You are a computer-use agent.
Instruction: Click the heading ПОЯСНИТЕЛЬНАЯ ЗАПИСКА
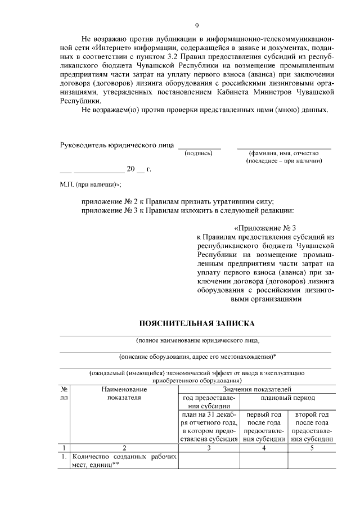coord(196,323)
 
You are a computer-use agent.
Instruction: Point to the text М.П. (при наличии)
coord(91,184)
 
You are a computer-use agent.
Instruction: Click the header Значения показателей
coord(256,389)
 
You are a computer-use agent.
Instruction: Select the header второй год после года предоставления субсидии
coord(312,427)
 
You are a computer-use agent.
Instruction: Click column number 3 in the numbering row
coord(209,448)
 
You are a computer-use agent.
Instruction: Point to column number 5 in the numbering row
coord(312,448)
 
